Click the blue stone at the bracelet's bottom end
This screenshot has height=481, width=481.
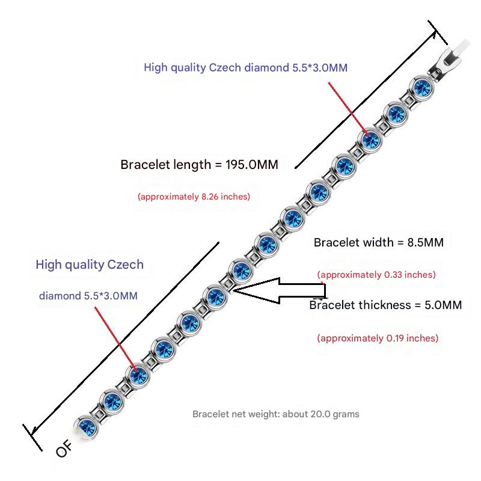83,425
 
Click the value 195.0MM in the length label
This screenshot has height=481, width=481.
252,165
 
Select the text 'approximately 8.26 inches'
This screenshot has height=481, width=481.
194,197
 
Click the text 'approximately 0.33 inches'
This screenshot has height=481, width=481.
376,275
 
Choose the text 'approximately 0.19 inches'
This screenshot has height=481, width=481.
378,338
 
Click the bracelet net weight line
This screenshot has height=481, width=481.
276,414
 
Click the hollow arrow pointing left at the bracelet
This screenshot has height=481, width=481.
280,290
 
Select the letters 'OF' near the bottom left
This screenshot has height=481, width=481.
64,449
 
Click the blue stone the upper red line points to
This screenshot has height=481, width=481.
370,139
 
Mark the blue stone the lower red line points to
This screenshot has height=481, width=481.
137,375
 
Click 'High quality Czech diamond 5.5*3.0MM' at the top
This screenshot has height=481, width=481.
245,67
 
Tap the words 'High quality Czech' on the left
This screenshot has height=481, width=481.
90,265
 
